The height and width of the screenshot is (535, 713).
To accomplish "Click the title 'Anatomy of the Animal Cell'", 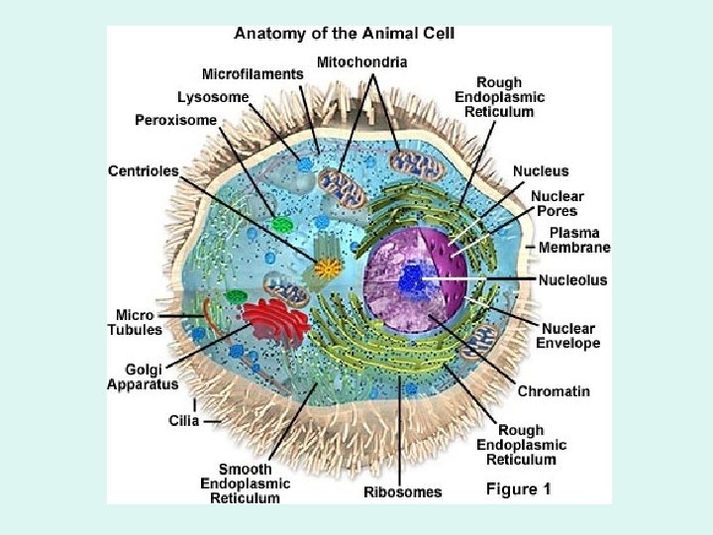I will click(345, 33).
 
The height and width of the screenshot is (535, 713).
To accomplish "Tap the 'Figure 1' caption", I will click(518, 488).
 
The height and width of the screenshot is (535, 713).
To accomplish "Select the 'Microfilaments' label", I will click(253, 73).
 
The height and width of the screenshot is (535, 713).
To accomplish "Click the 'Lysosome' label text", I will click(213, 97).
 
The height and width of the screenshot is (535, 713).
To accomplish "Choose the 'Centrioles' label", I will click(144, 170).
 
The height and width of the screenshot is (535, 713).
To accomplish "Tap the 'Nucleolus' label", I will click(573, 280).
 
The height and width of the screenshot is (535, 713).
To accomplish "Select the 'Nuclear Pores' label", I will click(558, 203).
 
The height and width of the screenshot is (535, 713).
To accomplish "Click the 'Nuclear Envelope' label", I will click(568, 336).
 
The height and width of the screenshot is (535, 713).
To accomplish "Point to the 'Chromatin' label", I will click(554, 391).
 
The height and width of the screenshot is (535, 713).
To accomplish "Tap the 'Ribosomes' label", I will click(403, 491).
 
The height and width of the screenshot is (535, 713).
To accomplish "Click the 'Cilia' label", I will click(183, 420).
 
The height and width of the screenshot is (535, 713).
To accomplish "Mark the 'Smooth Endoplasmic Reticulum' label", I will click(246, 483).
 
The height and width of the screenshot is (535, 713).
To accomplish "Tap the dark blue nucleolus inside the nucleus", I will click(411, 280).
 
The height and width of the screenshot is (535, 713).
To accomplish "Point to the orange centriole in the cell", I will click(327, 267).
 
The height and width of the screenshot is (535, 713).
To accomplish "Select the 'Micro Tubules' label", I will click(135, 322).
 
